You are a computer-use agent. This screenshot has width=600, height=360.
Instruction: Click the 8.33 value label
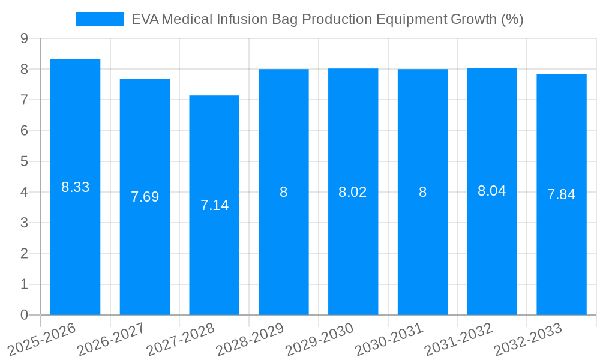click(75, 187)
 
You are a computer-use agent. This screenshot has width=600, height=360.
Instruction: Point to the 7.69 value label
click(145, 197)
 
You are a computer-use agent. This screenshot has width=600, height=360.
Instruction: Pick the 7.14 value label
click(214, 205)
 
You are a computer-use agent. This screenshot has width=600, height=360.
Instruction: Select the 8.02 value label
click(353, 192)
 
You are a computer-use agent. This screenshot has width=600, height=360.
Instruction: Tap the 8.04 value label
click(492, 191)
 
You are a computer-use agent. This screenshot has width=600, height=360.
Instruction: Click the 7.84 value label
click(562, 194)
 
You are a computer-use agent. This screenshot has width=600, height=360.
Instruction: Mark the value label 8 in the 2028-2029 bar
click(284, 192)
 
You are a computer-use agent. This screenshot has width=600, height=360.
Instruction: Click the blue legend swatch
click(100, 19)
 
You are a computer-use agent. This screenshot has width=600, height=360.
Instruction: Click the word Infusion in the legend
click(250, 19)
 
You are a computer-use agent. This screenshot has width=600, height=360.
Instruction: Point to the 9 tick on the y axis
click(24, 38)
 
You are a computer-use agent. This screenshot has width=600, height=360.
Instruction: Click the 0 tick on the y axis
click(24, 315)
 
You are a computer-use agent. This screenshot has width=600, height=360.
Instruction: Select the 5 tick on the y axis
click(24, 161)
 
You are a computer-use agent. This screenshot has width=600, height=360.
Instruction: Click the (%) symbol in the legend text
click(512, 19)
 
